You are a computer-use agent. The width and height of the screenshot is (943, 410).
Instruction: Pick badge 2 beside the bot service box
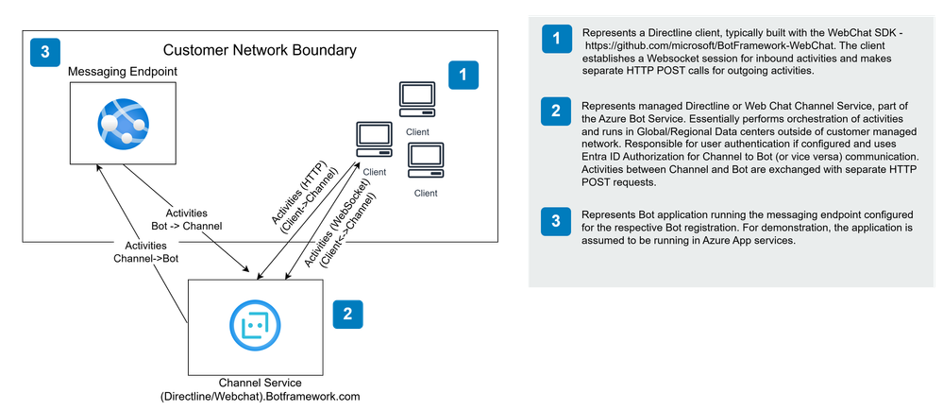[x=347, y=315]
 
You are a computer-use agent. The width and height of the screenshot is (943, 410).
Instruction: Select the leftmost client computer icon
[x=374, y=141]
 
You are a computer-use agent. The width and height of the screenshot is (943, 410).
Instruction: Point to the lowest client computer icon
[x=425, y=161]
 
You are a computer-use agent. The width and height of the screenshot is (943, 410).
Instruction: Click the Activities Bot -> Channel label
[x=185, y=220]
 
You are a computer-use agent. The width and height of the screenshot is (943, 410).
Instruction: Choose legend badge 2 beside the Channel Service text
[x=555, y=112]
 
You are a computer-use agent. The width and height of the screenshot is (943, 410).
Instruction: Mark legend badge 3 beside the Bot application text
[x=555, y=222]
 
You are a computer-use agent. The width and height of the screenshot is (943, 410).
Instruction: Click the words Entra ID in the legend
[x=600, y=154]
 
